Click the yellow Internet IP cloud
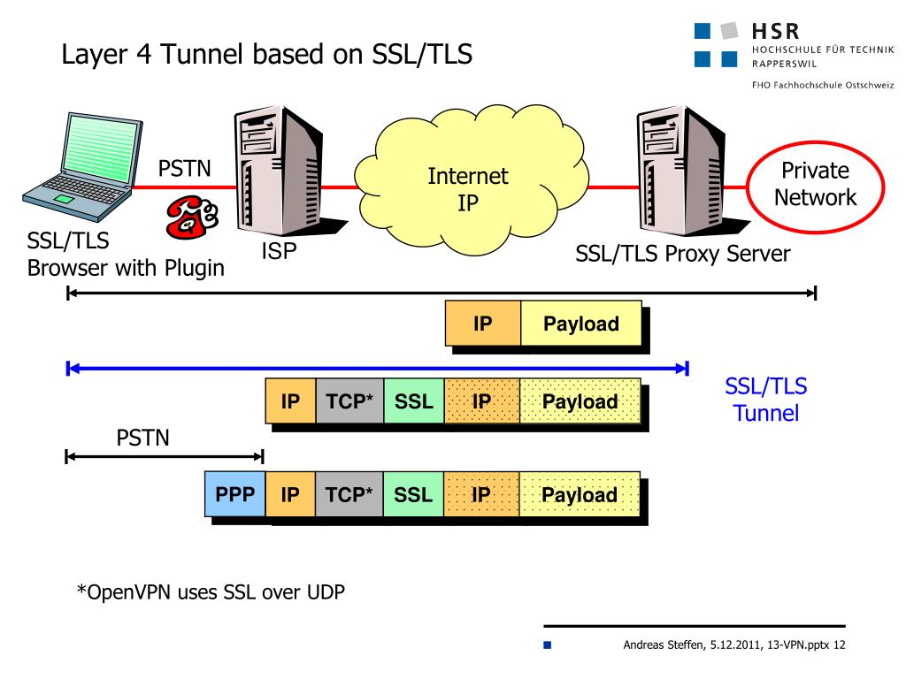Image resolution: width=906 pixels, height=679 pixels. coord(469,187)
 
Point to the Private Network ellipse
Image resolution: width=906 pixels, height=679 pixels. coord(815,185)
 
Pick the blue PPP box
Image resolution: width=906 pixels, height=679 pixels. coord(235,494)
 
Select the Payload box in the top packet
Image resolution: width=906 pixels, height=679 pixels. coord(580,324)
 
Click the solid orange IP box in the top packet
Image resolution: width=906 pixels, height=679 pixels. coord(482,324)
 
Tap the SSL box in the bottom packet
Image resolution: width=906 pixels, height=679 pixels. coord(413,494)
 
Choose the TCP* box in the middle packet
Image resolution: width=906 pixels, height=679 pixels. coord(349,401)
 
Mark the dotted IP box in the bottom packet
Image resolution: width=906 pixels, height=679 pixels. coord(481,494)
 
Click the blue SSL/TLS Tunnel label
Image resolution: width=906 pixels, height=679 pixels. coord(766,399)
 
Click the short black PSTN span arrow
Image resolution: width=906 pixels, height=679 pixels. coord(165,456)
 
